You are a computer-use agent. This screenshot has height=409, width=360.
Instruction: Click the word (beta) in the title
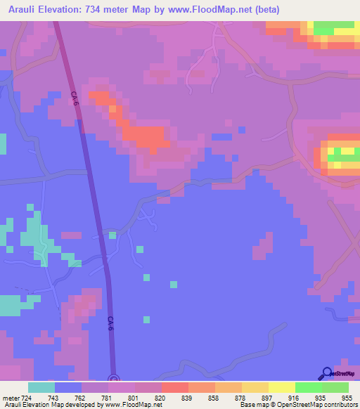pyautogui.click(x=295, y=9)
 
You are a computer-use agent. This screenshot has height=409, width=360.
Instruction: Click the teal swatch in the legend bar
pyautogui.click(x=41, y=387)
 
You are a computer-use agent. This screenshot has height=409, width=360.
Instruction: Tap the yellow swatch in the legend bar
pyautogui.click(x=282, y=387)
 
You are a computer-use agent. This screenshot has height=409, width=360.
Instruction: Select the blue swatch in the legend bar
pyautogui.click(x=68, y=387)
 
